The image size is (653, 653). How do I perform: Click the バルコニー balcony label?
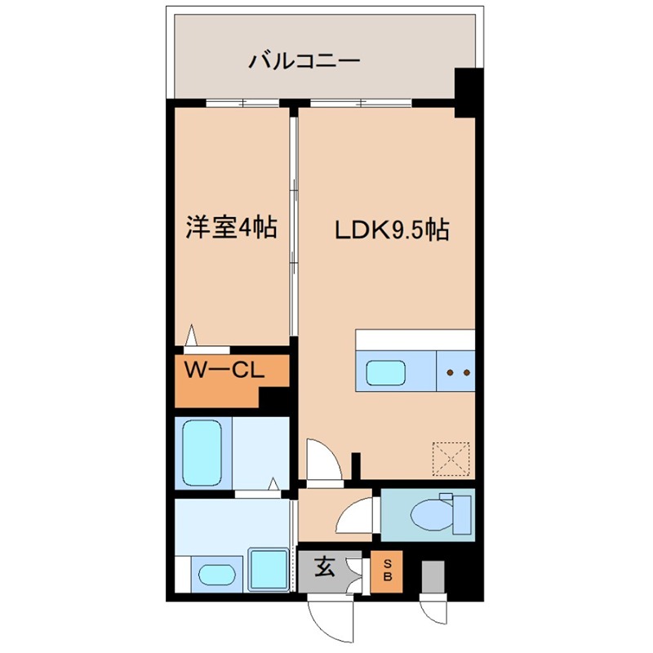305,61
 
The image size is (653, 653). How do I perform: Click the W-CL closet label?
221,370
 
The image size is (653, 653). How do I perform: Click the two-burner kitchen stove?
455,371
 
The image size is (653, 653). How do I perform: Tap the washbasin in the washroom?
216,575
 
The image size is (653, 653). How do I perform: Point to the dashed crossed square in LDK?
451,458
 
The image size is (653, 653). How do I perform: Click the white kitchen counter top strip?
415,338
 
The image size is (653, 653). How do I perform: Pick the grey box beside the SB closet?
431,575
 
